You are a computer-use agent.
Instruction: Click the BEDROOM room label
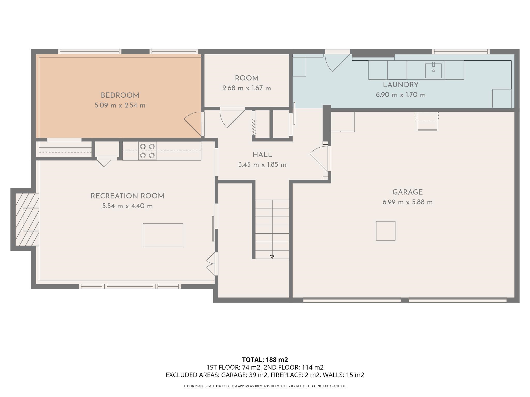120,95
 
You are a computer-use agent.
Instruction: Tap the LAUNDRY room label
401,85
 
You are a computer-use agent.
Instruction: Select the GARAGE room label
408,192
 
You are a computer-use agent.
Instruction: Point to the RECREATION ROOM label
127,196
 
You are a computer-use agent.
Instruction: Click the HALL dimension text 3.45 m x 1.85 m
262,165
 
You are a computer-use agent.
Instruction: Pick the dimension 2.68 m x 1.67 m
247,88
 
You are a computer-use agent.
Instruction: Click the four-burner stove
147,151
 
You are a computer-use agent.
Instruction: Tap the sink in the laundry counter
433,70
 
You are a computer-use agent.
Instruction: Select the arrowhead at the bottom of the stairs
272,257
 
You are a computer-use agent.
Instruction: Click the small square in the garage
386,231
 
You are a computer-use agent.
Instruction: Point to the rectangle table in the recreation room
163,235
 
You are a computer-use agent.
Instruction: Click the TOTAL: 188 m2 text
265,360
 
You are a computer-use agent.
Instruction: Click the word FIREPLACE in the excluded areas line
285,375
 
